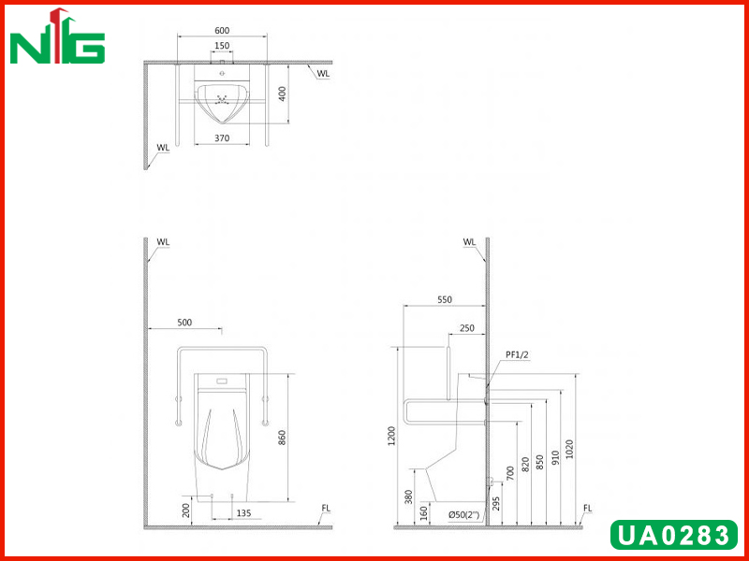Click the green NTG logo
pyautogui.click(x=57, y=36)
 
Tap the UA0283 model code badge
pyautogui.click(x=674, y=535)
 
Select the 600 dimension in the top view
pyautogui.click(x=222, y=31)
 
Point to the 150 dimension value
pyautogui.click(x=222, y=45)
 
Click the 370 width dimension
pyautogui.click(x=222, y=138)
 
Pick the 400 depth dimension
pyautogui.click(x=283, y=93)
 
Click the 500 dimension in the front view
pyautogui.click(x=184, y=323)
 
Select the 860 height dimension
pyautogui.click(x=282, y=438)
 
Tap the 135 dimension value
pyautogui.click(x=243, y=513)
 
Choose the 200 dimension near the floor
pyautogui.click(x=186, y=511)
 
